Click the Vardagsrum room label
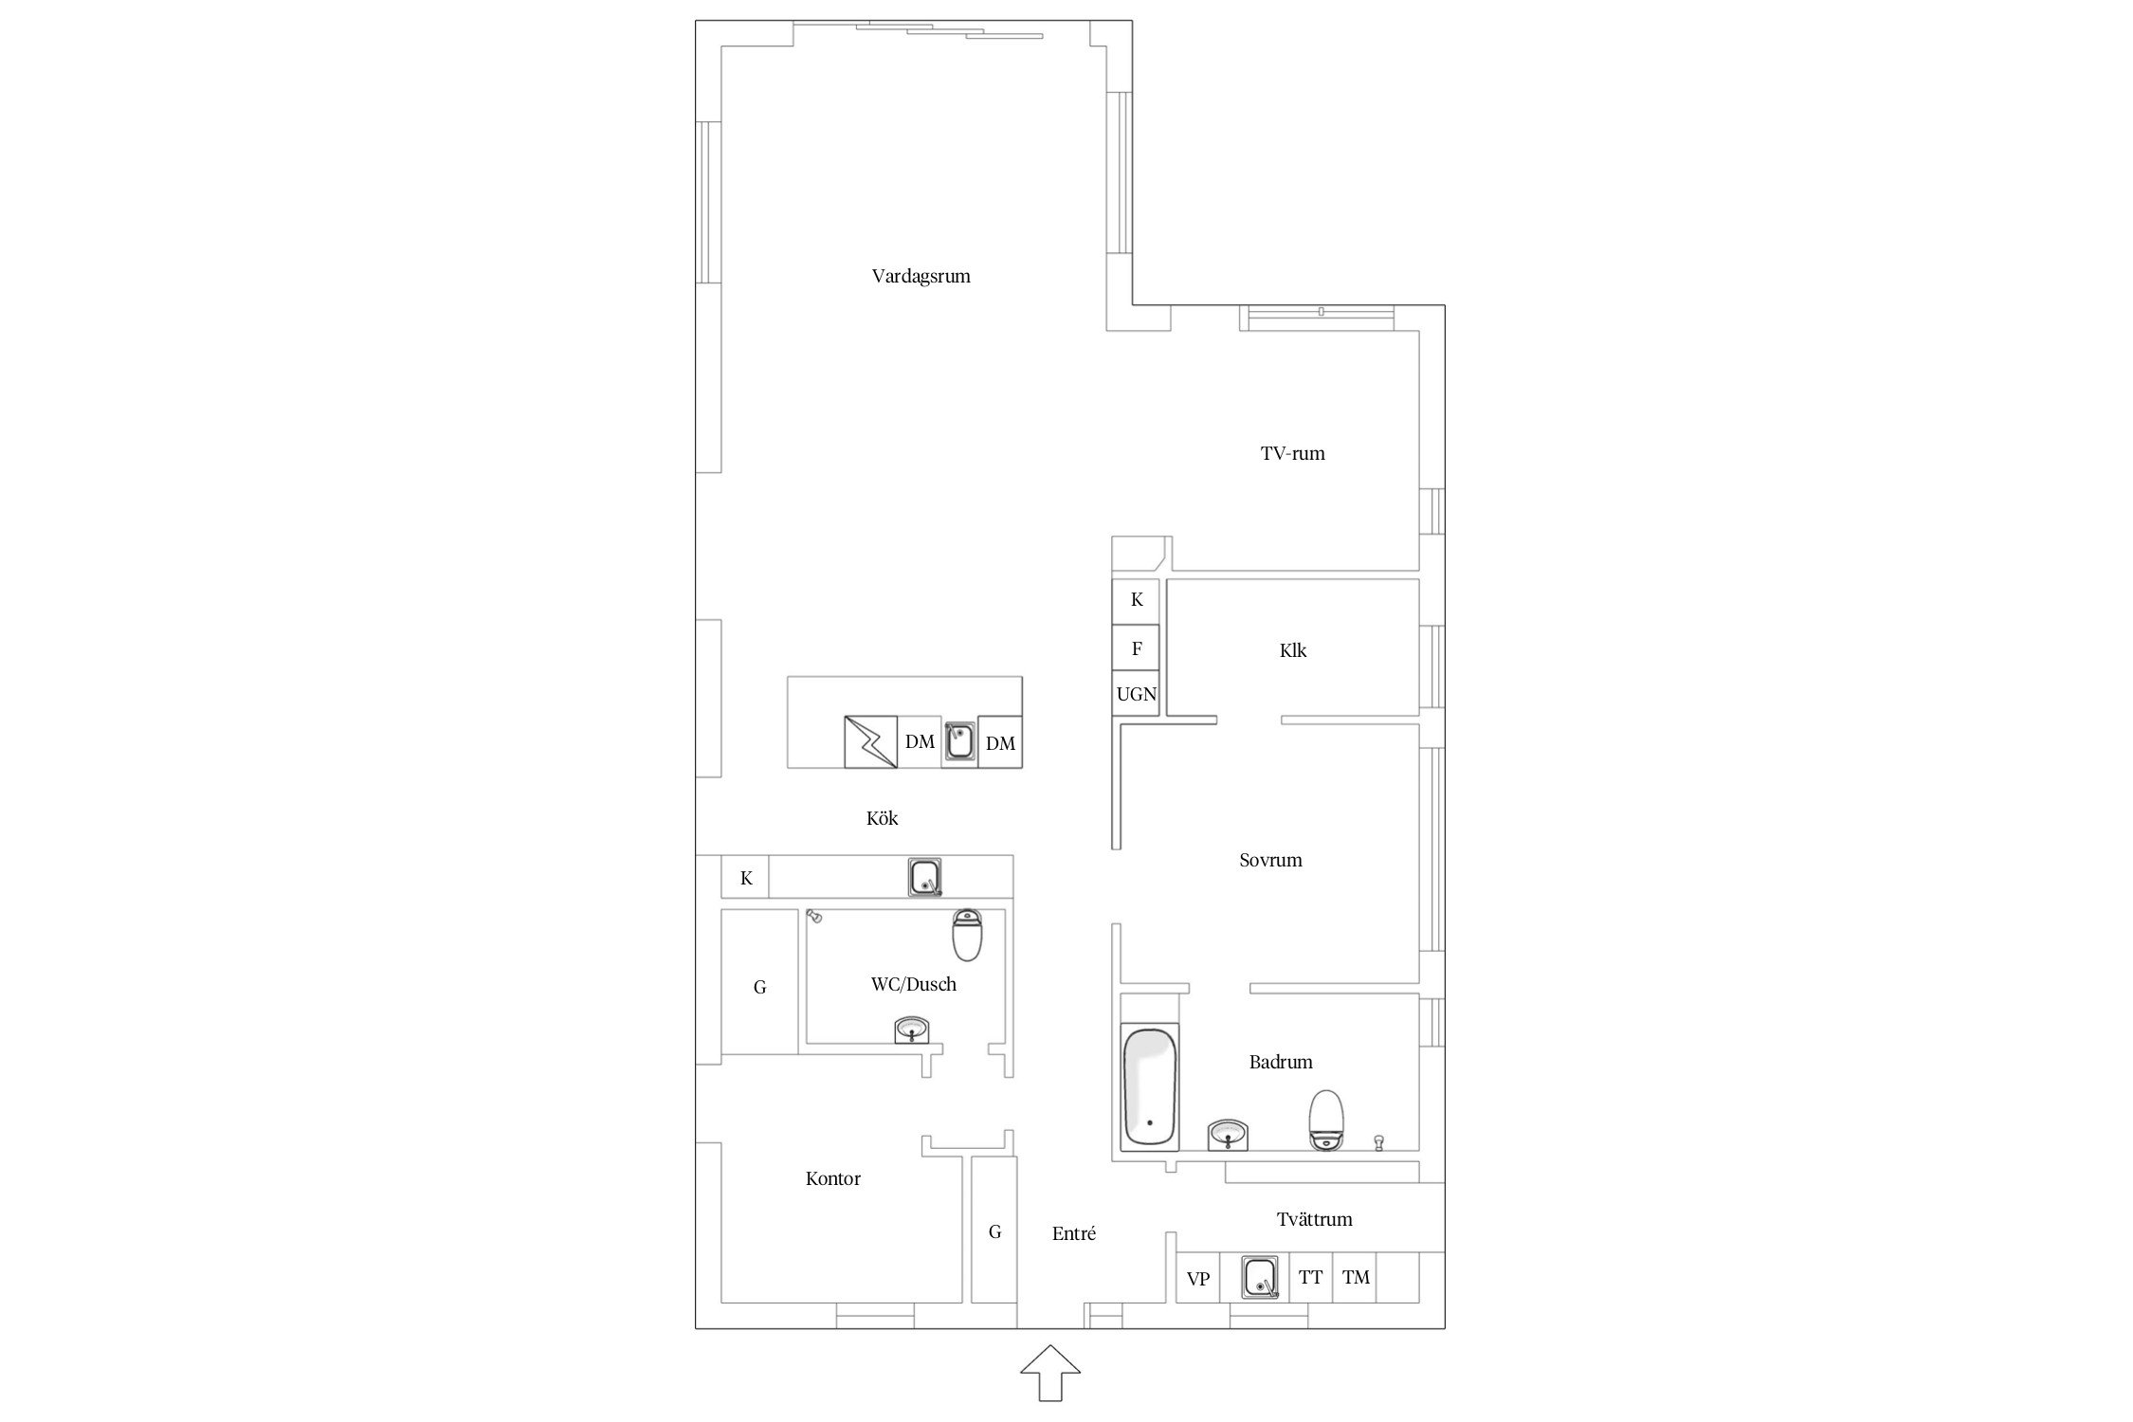point(921,277)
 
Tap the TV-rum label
point(1292,453)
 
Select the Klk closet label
point(1293,650)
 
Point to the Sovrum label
point(1270,860)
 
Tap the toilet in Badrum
point(1326,1120)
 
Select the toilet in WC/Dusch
point(968,935)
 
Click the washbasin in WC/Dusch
point(248,1030)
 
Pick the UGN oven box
point(1136,694)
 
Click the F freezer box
point(1136,647)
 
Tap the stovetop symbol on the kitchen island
point(870,741)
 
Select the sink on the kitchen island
point(959,741)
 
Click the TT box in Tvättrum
point(1310,1277)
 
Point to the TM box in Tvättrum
point(1356,1277)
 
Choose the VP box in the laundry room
point(1198,1278)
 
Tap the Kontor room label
point(833,1178)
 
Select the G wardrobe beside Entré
point(994,1230)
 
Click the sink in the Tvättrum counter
point(1260,1277)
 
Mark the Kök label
point(882,818)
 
